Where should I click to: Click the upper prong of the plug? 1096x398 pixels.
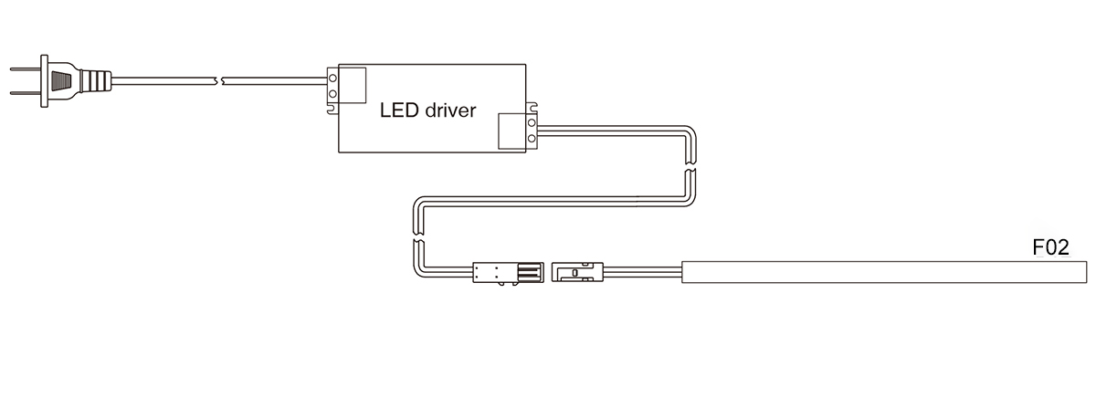tap(26, 69)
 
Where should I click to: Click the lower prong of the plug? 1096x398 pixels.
tap(26, 93)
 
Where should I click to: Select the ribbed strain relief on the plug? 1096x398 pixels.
tap(96, 80)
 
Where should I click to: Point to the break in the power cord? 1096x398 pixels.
tap(219, 80)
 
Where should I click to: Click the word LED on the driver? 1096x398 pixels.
tap(399, 110)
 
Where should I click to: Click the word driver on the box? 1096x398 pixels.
tap(450, 110)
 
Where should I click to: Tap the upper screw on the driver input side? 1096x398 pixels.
tap(332, 78)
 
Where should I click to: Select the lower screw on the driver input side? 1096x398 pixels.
tap(332, 93)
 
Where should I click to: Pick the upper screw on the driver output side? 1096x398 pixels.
tap(532, 122)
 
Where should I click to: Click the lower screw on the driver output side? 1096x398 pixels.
tap(532, 139)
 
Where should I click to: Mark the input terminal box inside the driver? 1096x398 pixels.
tap(353, 85)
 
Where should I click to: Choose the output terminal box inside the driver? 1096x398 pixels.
tap(512, 131)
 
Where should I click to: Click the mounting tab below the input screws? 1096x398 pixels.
tap(332, 109)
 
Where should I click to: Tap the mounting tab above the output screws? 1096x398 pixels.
tap(532, 108)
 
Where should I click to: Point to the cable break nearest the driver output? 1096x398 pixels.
tap(690, 166)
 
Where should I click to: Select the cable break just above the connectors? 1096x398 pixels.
tap(418, 236)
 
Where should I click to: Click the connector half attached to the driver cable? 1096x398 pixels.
tap(509, 272)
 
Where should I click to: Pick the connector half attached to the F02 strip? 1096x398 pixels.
tap(577, 272)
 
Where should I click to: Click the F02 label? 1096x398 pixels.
tap(1050, 248)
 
